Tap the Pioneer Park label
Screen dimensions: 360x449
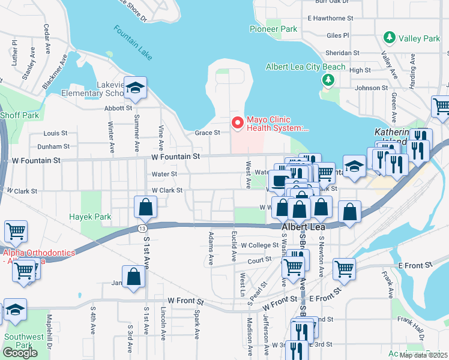click(274, 29)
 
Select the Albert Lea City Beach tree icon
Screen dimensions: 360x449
click(328, 80)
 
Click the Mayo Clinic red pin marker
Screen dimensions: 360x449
click(238, 123)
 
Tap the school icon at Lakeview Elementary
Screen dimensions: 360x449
click(136, 89)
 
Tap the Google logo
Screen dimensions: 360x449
click(20, 353)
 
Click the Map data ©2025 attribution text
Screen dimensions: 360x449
click(424, 355)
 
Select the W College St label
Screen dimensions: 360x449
click(260, 245)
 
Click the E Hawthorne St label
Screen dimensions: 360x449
click(333, 19)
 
